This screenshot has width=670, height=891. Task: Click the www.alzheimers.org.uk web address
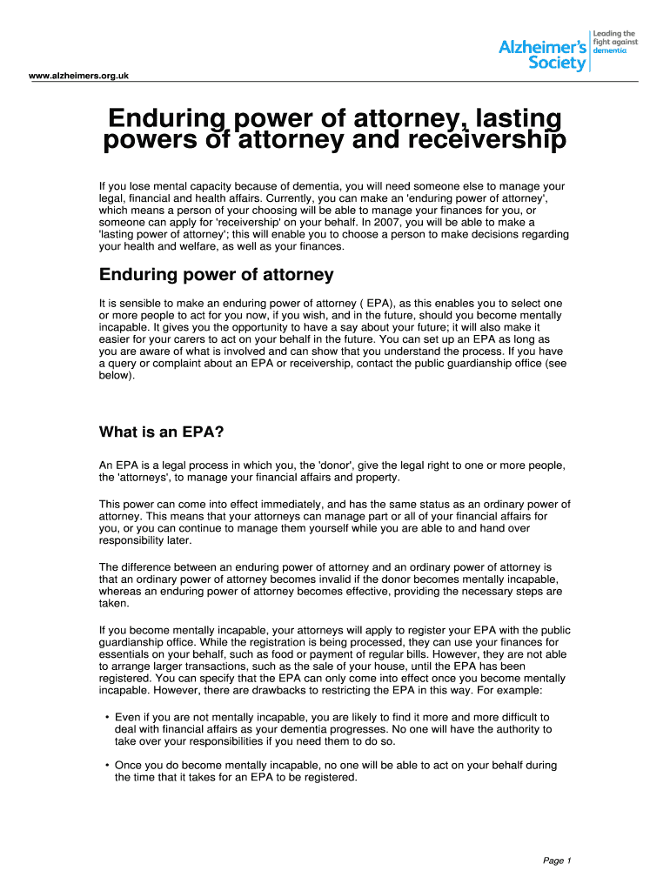[x=79, y=76]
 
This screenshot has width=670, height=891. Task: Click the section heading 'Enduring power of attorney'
[x=216, y=275]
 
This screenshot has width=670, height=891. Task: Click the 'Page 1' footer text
[x=557, y=861]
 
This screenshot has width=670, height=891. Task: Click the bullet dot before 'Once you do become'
[x=106, y=766]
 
